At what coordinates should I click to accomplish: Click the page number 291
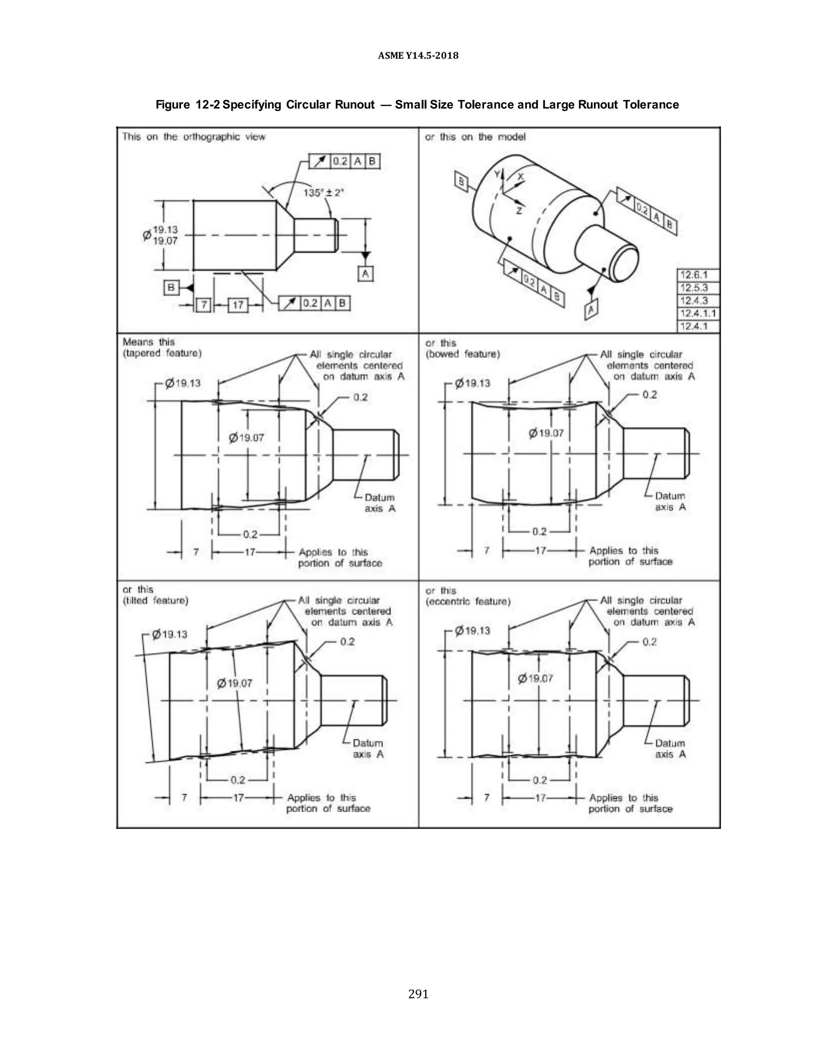(418, 994)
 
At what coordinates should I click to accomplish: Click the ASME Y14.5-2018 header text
(418, 56)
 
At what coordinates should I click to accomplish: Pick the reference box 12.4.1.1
(698, 314)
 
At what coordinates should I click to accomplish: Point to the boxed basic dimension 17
(238, 305)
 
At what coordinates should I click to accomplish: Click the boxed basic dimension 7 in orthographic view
(204, 305)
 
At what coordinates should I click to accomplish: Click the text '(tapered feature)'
(162, 354)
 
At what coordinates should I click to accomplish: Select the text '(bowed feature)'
(463, 355)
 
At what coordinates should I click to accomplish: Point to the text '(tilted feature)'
(156, 600)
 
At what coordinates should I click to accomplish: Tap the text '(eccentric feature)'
(468, 602)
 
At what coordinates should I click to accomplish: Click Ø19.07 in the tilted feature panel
(235, 683)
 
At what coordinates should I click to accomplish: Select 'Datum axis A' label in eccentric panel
(670, 749)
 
